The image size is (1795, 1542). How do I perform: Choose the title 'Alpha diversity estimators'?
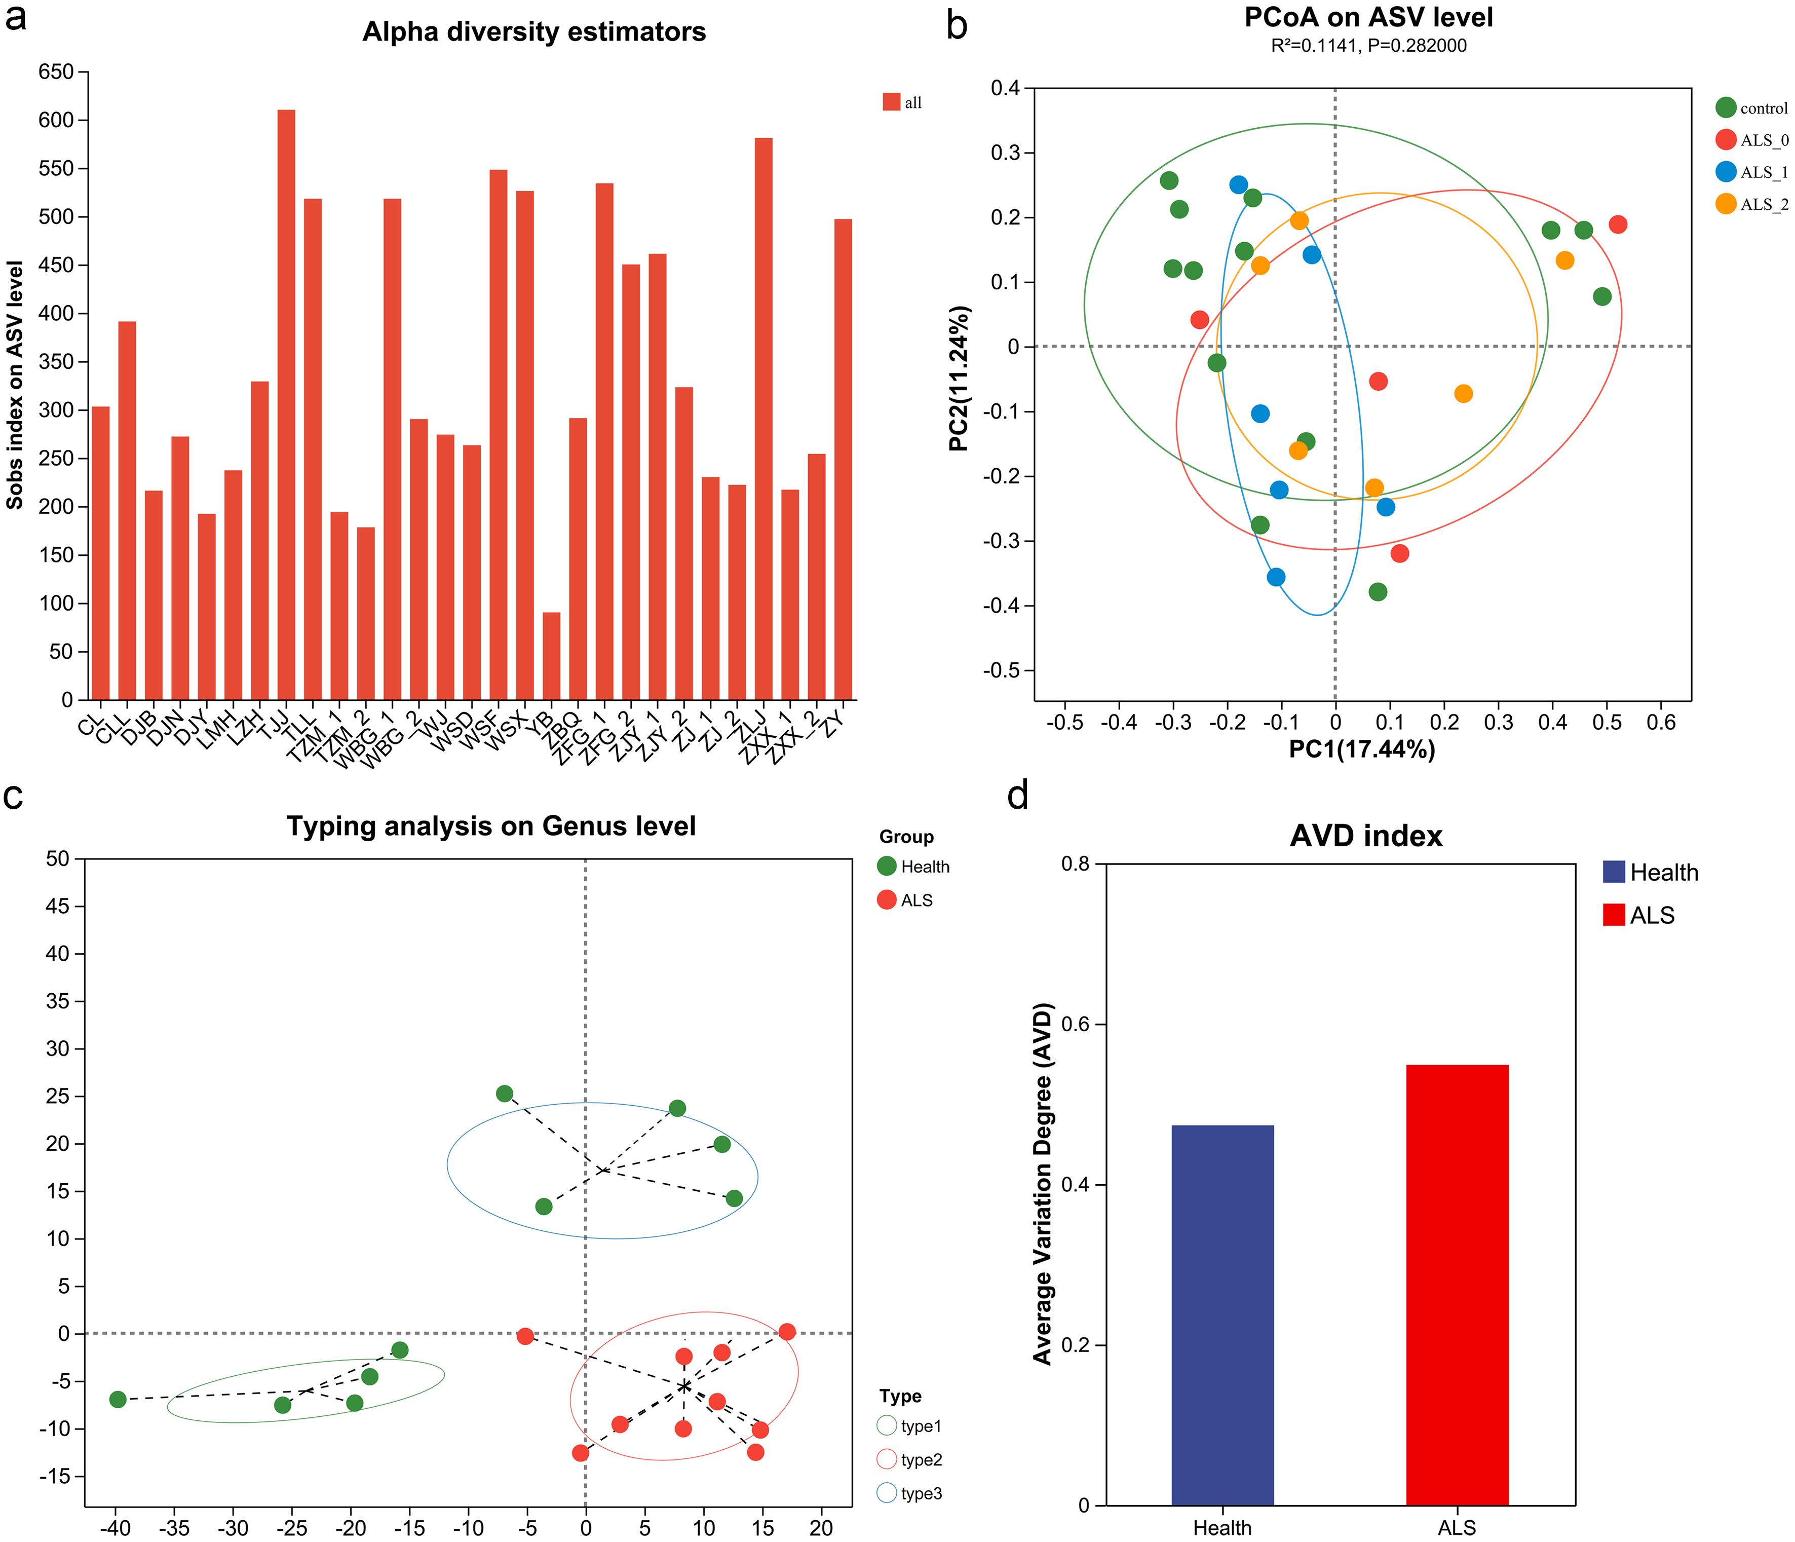click(x=533, y=32)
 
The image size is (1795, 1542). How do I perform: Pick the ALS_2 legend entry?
click(x=1750, y=204)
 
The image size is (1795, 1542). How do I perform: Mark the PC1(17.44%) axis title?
click(x=1362, y=748)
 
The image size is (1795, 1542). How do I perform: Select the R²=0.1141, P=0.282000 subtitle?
click(x=1369, y=46)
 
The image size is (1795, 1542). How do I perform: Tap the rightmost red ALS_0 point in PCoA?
click(x=1617, y=224)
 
